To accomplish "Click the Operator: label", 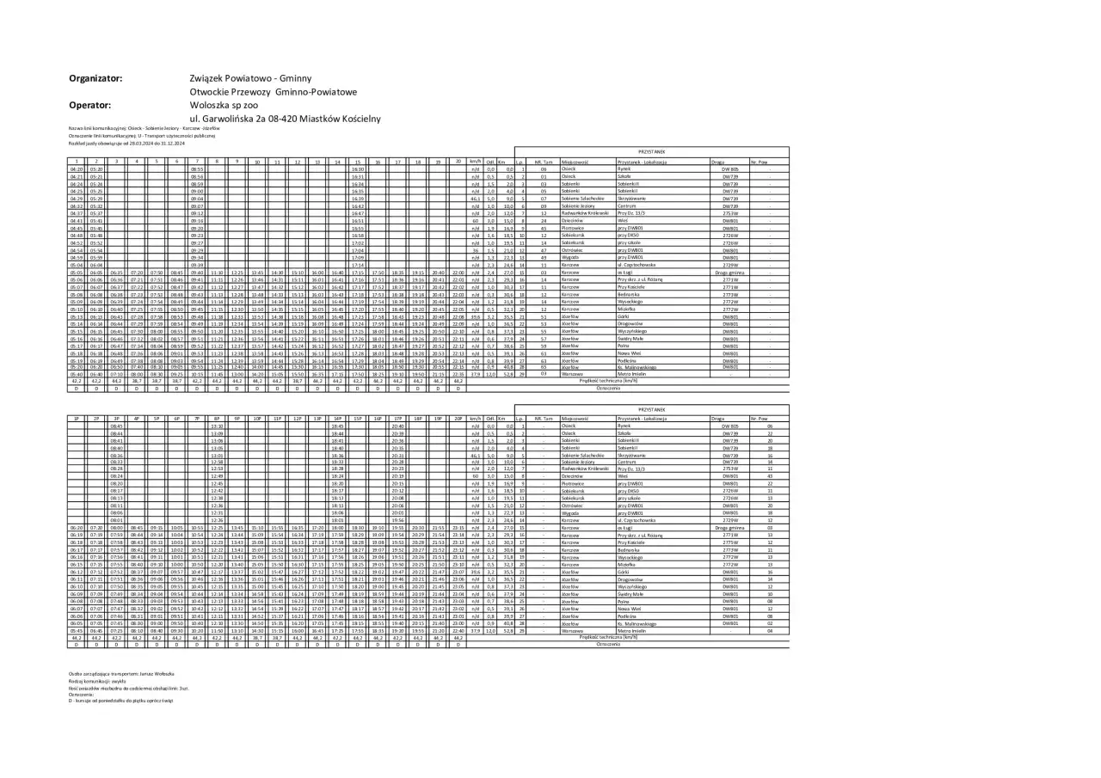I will [90, 105].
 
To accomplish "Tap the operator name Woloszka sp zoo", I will [223, 105].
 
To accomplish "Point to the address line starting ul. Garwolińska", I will [284, 119].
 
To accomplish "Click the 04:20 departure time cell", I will [76, 169].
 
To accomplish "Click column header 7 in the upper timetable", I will [196, 162].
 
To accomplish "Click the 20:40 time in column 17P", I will [397, 426].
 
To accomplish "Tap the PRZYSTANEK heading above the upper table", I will [652, 151].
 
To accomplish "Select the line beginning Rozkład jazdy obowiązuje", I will [115, 143].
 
